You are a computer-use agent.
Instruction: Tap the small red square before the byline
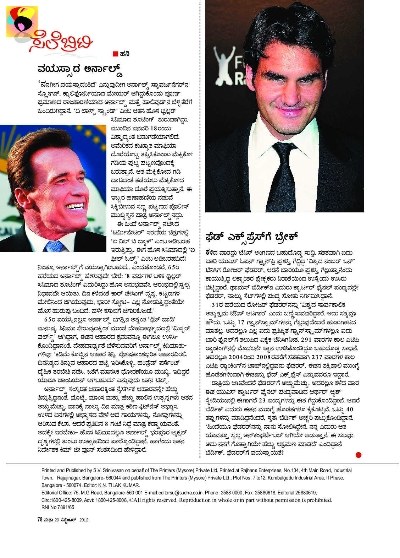point(115,54)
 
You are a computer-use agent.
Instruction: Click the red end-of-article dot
point(359,455)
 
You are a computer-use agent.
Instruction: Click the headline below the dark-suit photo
point(252,237)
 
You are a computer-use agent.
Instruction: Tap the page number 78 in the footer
point(40,519)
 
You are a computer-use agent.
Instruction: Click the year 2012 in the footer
point(84,520)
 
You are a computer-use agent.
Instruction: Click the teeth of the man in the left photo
point(75,206)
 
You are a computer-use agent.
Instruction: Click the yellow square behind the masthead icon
point(22,21)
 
